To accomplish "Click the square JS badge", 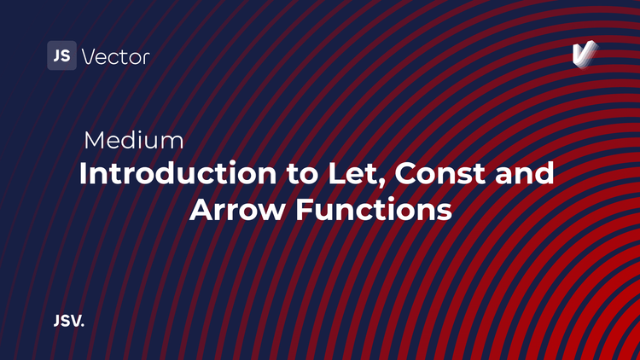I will point(61,56).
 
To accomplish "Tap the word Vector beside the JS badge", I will point(115,57).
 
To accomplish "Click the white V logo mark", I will point(584,54).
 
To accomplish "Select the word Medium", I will point(134,140).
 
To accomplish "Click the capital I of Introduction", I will point(84,174).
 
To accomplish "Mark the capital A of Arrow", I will point(201,210).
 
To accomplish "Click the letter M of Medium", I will point(94,140).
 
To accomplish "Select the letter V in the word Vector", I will point(88,57).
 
